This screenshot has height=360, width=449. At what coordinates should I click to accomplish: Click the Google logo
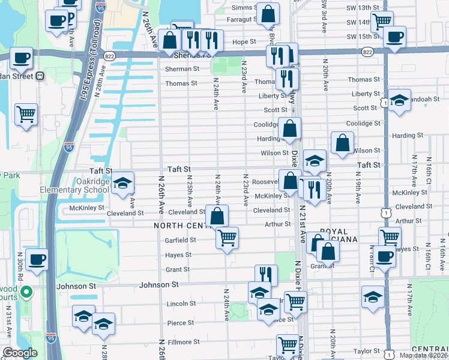(19, 353)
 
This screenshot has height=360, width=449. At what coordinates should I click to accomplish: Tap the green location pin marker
(26, 293)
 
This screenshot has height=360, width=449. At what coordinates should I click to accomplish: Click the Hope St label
(244, 42)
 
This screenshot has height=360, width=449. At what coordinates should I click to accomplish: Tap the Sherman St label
(182, 69)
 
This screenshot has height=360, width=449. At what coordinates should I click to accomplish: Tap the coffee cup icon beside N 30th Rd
(37, 260)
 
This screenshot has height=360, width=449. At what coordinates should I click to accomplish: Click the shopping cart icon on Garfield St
(227, 238)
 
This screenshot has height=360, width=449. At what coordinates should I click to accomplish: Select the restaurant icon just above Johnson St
(265, 275)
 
